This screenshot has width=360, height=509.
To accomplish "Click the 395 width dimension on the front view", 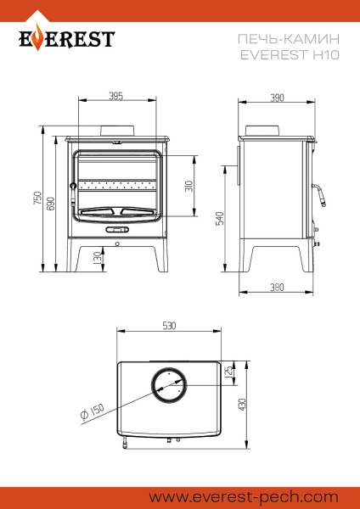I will pyautogui.click(x=116, y=96).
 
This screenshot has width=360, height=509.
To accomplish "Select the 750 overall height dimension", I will pyautogui.click(x=37, y=198).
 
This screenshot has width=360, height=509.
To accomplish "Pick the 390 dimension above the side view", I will pyautogui.click(x=277, y=98).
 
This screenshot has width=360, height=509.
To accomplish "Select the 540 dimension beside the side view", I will pyautogui.click(x=219, y=217).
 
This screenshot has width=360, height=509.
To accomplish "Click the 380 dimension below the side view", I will pyautogui.click(x=277, y=288).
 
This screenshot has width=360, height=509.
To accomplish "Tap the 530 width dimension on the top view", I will pyautogui.click(x=169, y=326).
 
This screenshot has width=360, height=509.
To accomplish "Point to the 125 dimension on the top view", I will pyautogui.click(x=228, y=372).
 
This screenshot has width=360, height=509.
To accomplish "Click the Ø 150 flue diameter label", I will pyautogui.click(x=93, y=412).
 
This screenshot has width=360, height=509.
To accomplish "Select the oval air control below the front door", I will pyautogui.click(x=116, y=229).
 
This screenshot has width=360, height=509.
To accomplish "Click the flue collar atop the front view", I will pyautogui.click(x=116, y=131).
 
